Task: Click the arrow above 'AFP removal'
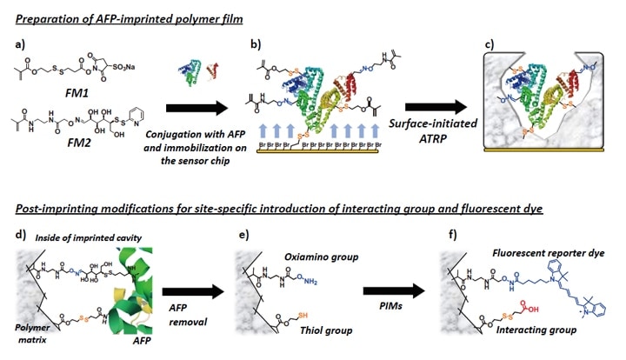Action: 188,282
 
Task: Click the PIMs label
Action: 389,307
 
